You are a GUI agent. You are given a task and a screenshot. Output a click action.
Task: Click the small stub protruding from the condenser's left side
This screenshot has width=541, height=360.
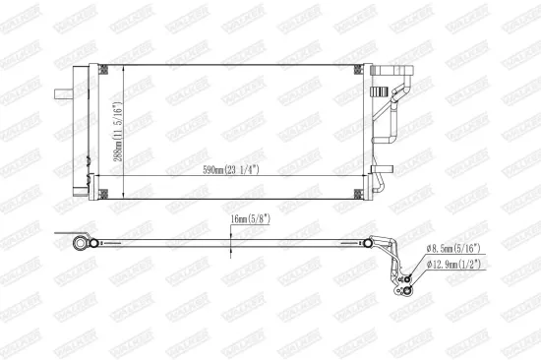60,94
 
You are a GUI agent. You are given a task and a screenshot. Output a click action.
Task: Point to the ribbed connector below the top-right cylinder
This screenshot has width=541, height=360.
377,90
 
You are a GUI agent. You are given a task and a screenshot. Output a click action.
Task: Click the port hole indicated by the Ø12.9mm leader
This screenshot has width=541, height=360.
404,289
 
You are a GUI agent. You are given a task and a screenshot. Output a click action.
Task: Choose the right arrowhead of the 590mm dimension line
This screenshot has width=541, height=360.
357,177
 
